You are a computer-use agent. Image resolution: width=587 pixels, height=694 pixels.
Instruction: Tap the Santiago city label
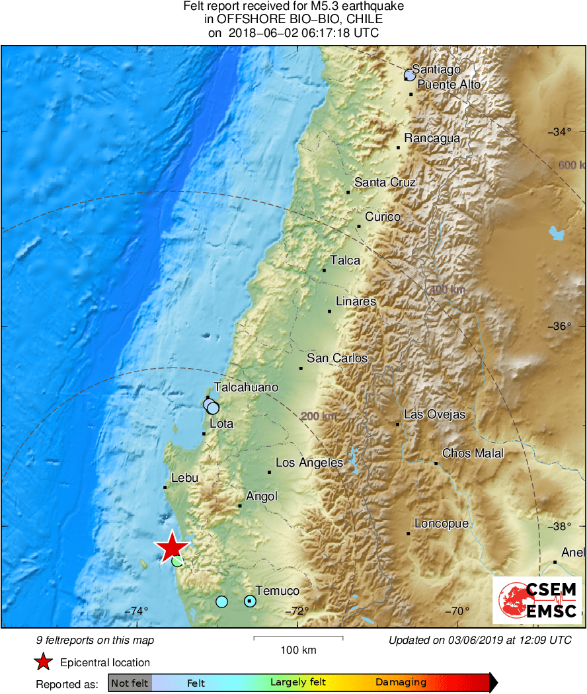pos(436,69)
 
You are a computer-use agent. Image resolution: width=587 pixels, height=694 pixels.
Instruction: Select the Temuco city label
pos(277,590)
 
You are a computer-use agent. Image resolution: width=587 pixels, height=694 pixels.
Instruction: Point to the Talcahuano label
pos(246,387)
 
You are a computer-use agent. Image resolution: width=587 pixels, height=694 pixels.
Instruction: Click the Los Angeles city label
pos(309,463)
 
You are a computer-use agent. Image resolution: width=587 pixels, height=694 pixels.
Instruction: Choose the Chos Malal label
pos(473,453)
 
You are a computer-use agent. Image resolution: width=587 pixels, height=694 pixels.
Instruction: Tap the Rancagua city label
pos(432,138)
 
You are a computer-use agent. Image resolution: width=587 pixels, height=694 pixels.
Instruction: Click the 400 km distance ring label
pos(448,289)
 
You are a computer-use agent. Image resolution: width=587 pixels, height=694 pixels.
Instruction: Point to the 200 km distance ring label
pos(319,416)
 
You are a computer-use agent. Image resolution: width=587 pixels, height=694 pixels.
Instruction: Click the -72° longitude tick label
pos(299,611)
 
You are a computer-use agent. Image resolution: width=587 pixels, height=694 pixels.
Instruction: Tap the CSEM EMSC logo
pos(537,599)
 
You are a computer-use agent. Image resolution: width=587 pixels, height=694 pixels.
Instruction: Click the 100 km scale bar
pos(298,638)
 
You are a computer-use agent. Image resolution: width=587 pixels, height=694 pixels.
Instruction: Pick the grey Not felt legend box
pos(130,683)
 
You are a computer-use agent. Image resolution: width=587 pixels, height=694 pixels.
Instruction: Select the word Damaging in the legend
pos(401,683)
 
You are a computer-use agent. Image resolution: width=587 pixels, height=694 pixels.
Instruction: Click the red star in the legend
pos(44,662)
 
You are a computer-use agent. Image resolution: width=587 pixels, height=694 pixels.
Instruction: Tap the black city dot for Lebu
pos(165,488)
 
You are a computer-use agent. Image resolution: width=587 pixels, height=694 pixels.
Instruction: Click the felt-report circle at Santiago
pos(410,76)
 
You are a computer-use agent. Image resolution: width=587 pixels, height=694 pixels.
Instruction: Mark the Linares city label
pos(356,301)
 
